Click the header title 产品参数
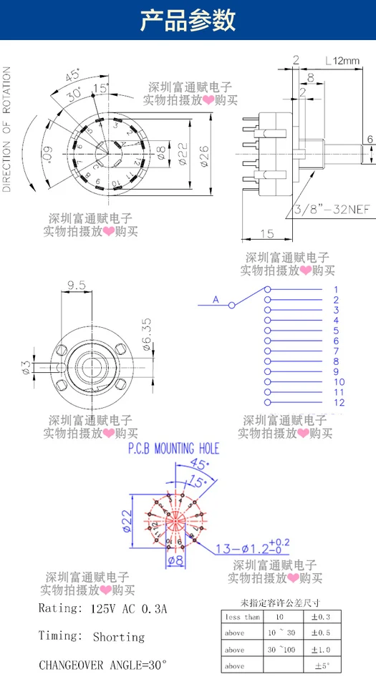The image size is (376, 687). [x=188, y=21]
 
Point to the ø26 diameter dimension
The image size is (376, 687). [x=203, y=152]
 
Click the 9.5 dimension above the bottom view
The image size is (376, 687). [x=77, y=285]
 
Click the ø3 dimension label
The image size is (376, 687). [x=26, y=368]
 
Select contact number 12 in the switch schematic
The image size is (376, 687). [x=339, y=402]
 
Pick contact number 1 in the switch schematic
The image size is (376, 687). [x=336, y=289]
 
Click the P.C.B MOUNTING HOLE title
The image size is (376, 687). [x=173, y=449]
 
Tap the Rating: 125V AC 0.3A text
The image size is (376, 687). [x=102, y=609]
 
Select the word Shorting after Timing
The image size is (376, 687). [x=119, y=636]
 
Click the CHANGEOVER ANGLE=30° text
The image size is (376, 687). [x=102, y=664]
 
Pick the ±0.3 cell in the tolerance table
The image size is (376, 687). [x=321, y=617]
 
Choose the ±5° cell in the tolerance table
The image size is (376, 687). [x=321, y=666]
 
